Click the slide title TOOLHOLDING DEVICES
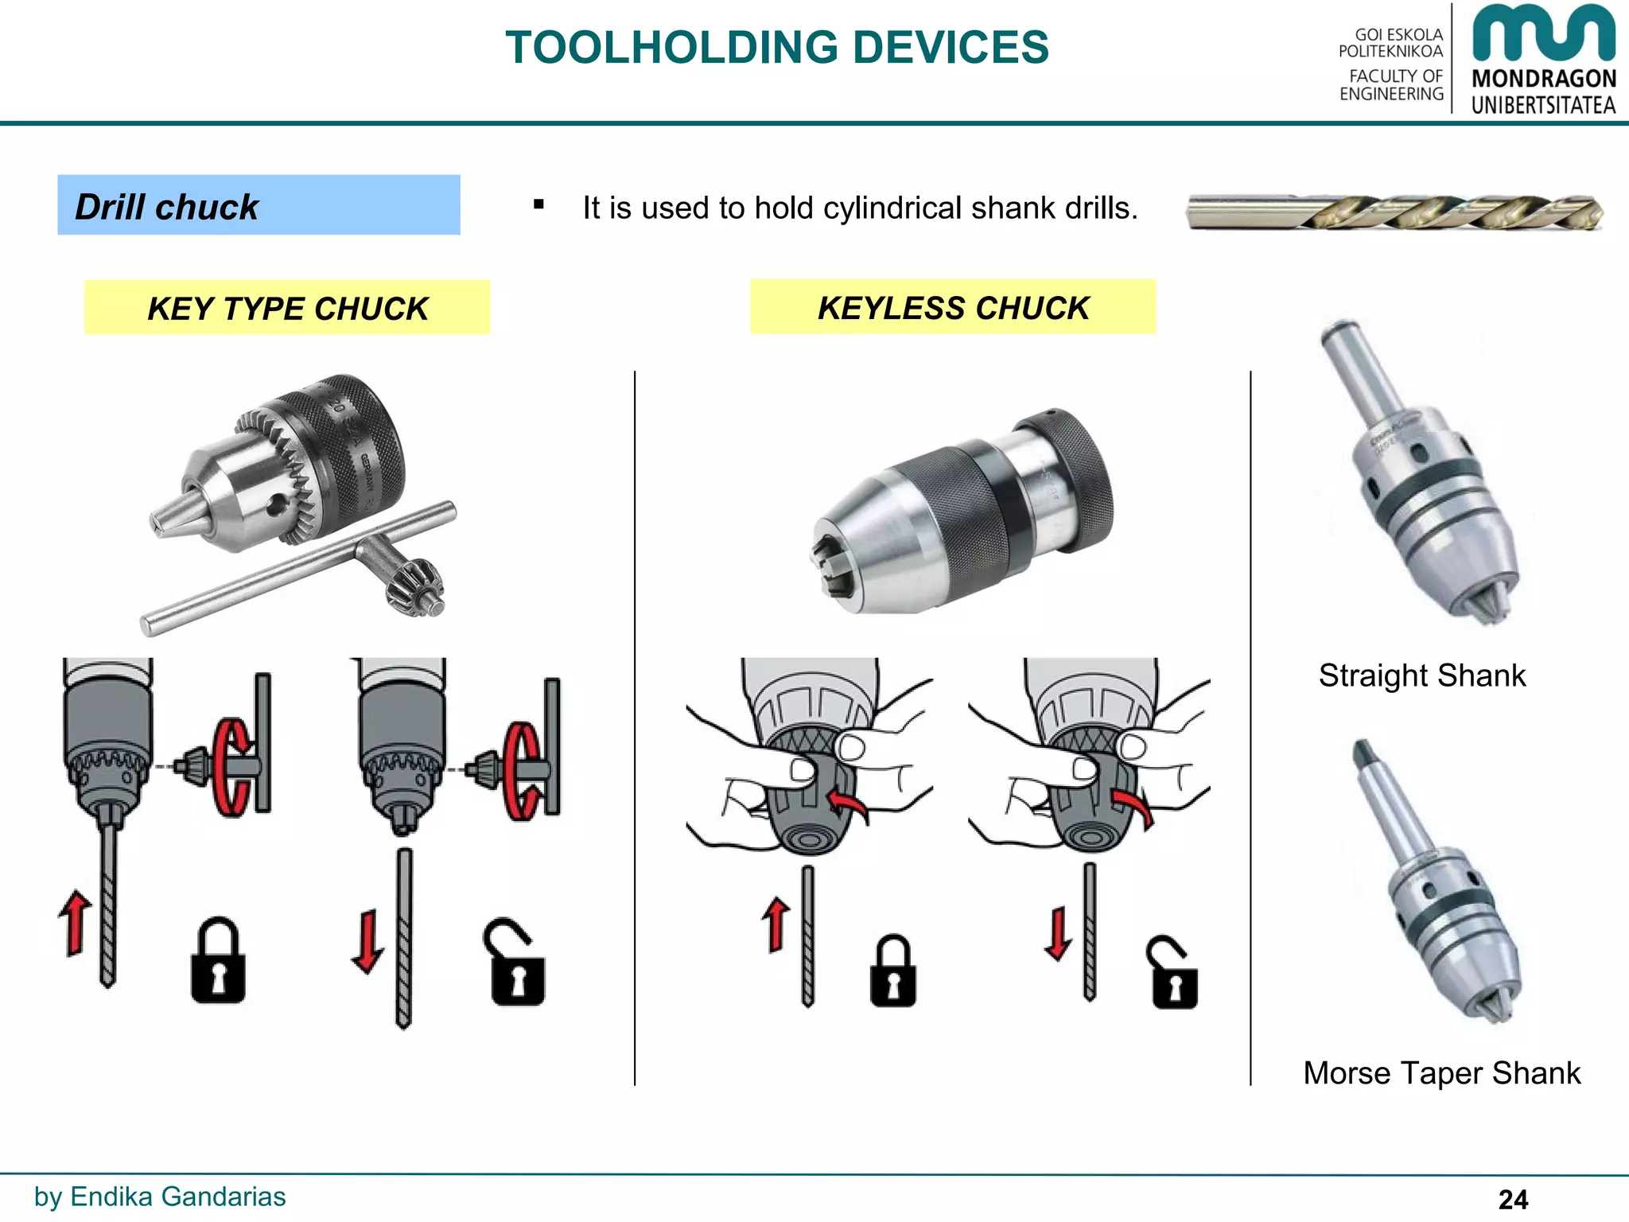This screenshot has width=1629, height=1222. point(776,48)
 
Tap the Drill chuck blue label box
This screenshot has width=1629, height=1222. point(259,205)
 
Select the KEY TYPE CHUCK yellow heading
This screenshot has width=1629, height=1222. point(287,308)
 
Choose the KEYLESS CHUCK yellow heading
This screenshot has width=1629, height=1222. point(952,307)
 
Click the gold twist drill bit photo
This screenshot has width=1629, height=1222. point(1394,212)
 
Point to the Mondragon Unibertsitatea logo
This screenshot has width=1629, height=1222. point(1543,60)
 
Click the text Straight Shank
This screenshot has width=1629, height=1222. point(1421,675)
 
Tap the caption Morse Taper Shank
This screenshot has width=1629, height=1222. point(1440,1073)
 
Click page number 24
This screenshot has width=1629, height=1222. point(1513,1199)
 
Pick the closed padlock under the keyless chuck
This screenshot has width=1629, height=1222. point(892,972)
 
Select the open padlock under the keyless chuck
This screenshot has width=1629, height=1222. point(1172,974)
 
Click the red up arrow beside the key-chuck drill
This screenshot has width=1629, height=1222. point(76,923)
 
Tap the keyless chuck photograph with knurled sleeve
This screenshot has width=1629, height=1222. point(962,513)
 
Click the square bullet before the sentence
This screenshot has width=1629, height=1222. point(539,205)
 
